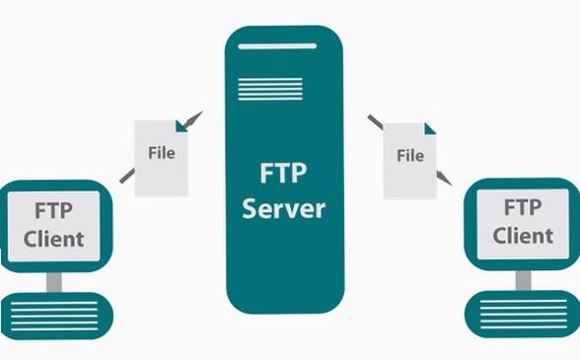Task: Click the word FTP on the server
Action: pyautogui.click(x=283, y=173)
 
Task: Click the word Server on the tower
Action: pyautogui.click(x=284, y=209)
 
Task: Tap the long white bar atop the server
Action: pyautogui.click(x=277, y=46)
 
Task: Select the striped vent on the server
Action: pyautogui.click(x=270, y=89)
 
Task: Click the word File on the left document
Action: pyautogui.click(x=162, y=153)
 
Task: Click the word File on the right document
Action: pyautogui.click(x=410, y=156)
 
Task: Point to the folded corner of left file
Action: pyautogui.click(x=181, y=126)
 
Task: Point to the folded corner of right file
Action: pyautogui.click(x=430, y=129)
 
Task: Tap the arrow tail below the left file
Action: pyautogui.click(x=127, y=176)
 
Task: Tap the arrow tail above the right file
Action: pyautogui.click(x=376, y=122)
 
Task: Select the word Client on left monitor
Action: pyautogui.click(x=54, y=239)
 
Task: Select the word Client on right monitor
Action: pyautogui.click(x=523, y=236)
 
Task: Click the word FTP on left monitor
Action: pyautogui.click(x=53, y=210)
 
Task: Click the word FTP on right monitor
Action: pyautogui.click(x=523, y=207)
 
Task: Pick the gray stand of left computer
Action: pyautogui.click(x=54, y=282)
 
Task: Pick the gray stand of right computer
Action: pyautogui.click(x=524, y=280)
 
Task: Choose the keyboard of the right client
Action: pyautogui.click(x=523, y=314)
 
